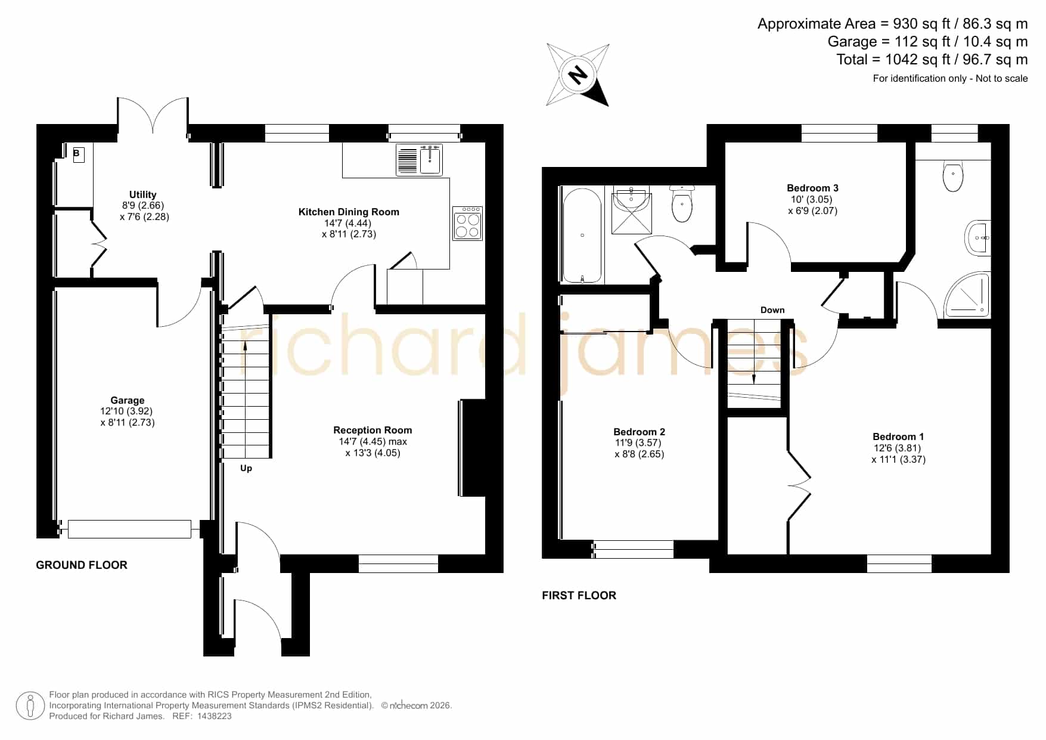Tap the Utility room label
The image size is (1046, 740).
pos(143,194)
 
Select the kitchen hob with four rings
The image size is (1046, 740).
pos(467,223)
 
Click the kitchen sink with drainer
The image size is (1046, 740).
pos(419,160)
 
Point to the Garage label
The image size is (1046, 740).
pos(128,400)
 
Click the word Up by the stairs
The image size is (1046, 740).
pos(246,469)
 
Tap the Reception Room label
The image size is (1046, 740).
pos(373,430)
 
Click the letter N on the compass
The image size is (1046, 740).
pos(577,75)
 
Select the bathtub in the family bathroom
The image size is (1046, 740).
pos(582,235)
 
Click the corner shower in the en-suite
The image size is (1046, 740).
pos(968,295)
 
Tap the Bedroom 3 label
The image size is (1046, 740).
pos(812,188)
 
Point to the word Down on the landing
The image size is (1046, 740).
pos(772,310)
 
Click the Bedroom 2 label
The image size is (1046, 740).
pos(639,432)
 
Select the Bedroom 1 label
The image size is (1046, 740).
pos(898,436)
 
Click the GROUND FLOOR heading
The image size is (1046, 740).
pos(82,565)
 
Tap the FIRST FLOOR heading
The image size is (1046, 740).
pos(579,595)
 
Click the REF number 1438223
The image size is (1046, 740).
pos(214,716)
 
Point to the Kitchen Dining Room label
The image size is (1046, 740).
pos(349,212)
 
